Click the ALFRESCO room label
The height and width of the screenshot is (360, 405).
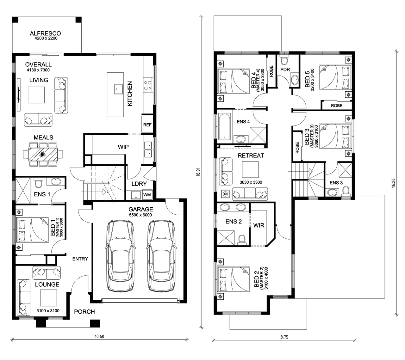point(45,33)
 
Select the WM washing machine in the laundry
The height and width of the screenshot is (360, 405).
point(147,195)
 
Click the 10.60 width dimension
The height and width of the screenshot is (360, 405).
point(99,336)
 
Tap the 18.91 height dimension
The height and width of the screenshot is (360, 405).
point(198,172)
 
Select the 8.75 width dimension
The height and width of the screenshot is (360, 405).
point(284,337)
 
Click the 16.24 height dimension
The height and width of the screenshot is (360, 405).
point(393,183)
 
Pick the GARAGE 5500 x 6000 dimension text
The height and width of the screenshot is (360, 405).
point(140,215)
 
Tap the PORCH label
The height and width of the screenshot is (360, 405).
point(84,312)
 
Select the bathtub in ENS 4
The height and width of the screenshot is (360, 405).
point(224,126)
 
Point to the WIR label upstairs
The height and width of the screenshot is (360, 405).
point(259,225)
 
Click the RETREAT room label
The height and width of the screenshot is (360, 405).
point(251,156)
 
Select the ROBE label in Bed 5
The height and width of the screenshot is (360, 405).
point(337,106)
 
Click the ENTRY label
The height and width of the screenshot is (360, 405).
point(80,259)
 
